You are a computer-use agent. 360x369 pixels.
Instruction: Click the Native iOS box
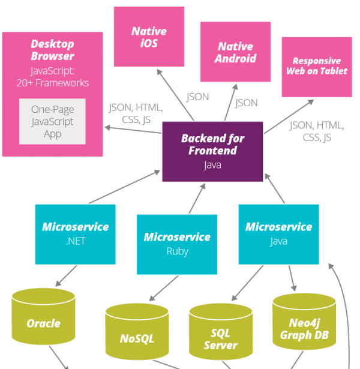click(x=149, y=37)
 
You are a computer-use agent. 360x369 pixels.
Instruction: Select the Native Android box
click(x=235, y=52)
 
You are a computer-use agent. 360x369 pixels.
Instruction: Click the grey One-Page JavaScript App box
click(x=53, y=122)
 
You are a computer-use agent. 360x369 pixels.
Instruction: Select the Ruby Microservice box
click(x=177, y=244)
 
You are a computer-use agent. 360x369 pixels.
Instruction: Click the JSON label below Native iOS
click(x=197, y=97)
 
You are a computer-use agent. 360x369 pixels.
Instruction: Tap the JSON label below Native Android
click(x=246, y=103)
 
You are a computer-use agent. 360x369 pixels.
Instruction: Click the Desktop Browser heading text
click(x=52, y=50)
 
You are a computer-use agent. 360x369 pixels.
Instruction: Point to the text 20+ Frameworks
click(x=53, y=83)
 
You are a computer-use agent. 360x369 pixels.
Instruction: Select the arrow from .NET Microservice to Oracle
click(x=66, y=275)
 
